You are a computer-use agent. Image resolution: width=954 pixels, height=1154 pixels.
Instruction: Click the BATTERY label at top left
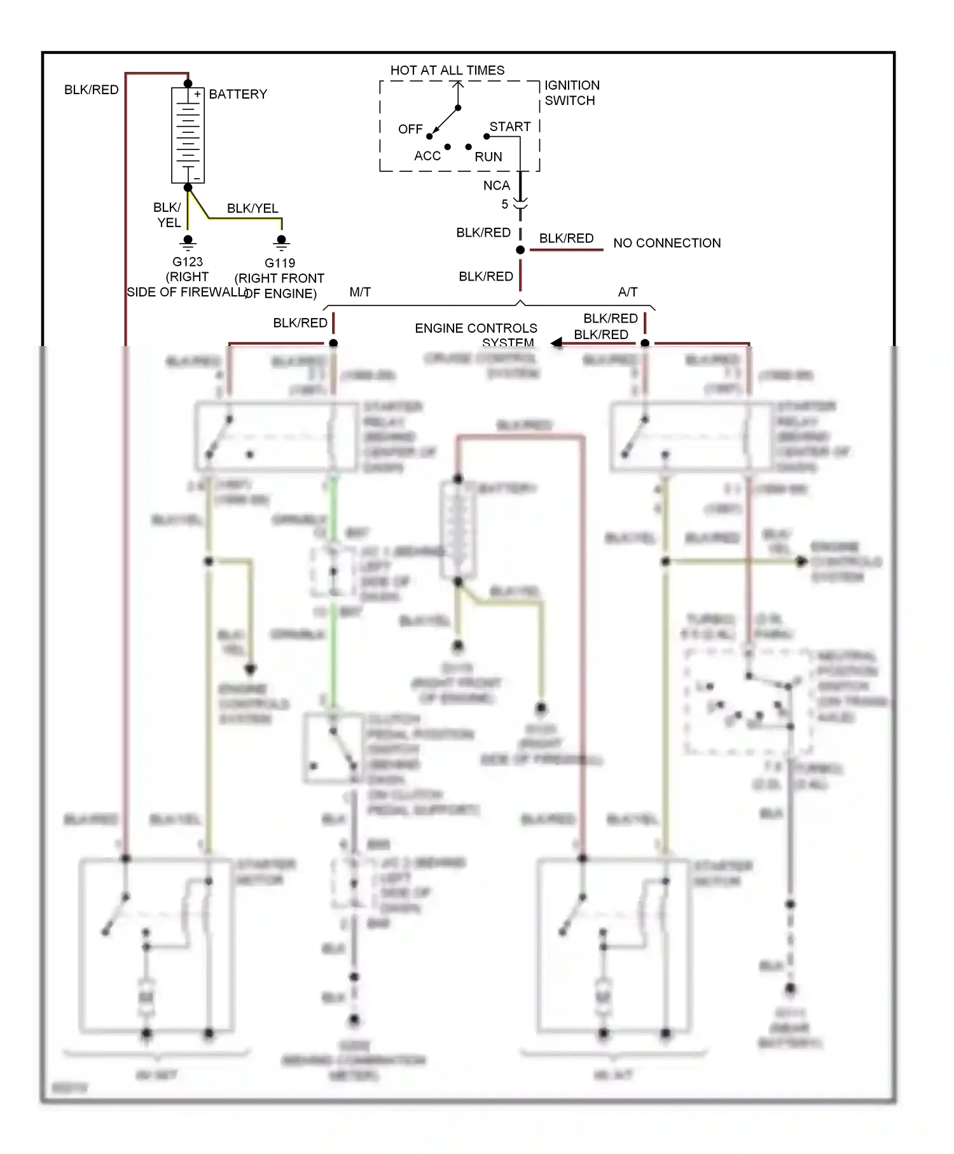(x=238, y=94)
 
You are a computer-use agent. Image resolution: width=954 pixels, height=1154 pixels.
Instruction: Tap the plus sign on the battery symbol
(x=197, y=94)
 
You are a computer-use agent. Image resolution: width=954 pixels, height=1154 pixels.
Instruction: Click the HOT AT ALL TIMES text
(x=447, y=70)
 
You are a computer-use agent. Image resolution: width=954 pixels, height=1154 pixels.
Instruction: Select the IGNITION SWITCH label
(x=571, y=93)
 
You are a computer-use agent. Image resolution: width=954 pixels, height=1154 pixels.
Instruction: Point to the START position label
(x=509, y=127)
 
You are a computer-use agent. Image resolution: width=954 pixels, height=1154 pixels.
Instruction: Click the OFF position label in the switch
(x=410, y=129)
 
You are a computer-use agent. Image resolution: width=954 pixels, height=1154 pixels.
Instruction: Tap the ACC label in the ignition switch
(x=427, y=156)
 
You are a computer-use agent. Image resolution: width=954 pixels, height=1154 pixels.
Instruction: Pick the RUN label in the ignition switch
(x=488, y=156)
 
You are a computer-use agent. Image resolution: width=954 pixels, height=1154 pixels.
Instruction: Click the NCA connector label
(x=496, y=186)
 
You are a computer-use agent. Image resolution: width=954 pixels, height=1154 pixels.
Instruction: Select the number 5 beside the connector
(x=505, y=204)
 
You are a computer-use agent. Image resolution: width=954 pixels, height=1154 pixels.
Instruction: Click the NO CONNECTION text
(x=667, y=243)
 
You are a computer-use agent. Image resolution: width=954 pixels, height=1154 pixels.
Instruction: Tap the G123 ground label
(x=188, y=261)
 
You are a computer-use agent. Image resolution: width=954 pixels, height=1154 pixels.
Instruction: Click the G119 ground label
(x=280, y=263)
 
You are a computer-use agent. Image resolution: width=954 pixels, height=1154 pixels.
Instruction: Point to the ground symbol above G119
(x=281, y=242)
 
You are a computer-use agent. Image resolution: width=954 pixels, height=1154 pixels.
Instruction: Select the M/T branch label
(x=360, y=292)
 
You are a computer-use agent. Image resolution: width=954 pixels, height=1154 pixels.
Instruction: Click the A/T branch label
(x=627, y=292)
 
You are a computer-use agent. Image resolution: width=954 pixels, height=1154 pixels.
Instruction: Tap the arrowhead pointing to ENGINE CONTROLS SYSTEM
(x=556, y=343)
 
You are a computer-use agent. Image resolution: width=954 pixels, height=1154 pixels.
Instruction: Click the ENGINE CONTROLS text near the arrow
(x=476, y=328)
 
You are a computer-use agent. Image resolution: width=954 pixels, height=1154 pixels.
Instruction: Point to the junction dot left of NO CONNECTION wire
(x=520, y=250)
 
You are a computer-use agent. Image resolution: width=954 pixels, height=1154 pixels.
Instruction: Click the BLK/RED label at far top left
(x=92, y=90)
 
